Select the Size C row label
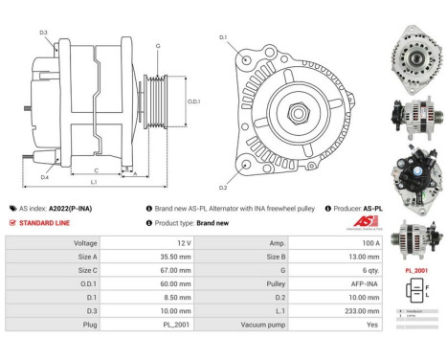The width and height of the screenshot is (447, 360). (x=85, y=271)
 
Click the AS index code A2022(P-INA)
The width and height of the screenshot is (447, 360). (x=77, y=208)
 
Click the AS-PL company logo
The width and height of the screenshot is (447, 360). (x=368, y=222)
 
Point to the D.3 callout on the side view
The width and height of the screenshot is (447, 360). (x=44, y=33)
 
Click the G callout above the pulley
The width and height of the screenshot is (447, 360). (x=157, y=46)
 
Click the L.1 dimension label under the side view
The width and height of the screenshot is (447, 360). (x=92, y=182)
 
